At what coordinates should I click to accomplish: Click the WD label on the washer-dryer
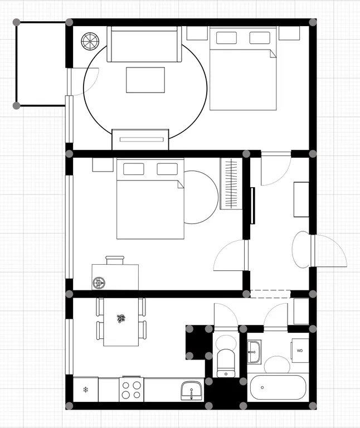[x=300, y=351]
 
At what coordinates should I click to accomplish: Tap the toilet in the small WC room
[x=226, y=363]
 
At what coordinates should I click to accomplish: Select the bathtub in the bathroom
[x=278, y=387]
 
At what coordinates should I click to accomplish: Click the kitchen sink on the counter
[x=192, y=391]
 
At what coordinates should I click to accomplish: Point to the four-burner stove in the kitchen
[x=132, y=390]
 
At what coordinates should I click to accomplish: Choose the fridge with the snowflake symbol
[x=86, y=390]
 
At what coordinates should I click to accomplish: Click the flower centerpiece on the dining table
[x=121, y=319]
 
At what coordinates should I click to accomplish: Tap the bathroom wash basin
[x=254, y=352]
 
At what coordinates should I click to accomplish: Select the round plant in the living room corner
[x=90, y=41]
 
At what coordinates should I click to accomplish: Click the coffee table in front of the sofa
[x=145, y=80]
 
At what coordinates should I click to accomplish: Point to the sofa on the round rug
[x=144, y=44]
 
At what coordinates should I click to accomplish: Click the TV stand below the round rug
[x=140, y=139]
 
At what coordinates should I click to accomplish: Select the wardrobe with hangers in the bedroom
[x=231, y=183]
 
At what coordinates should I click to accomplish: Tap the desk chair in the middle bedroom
[x=115, y=260]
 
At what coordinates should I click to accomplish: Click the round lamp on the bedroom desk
[x=99, y=283]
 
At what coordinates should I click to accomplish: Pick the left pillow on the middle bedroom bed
[x=134, y=169]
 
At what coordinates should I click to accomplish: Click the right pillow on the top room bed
[x=260, y=38]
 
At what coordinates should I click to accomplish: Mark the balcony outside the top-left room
[x=41, y=64]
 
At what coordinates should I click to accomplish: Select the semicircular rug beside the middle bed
[x=201, y=197]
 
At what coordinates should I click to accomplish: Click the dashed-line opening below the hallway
[x=270, y=294]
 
